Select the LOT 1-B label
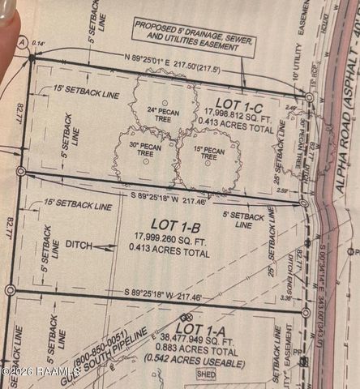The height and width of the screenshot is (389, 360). coord(170,222)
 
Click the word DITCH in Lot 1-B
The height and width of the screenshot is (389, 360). coord(79,244)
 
